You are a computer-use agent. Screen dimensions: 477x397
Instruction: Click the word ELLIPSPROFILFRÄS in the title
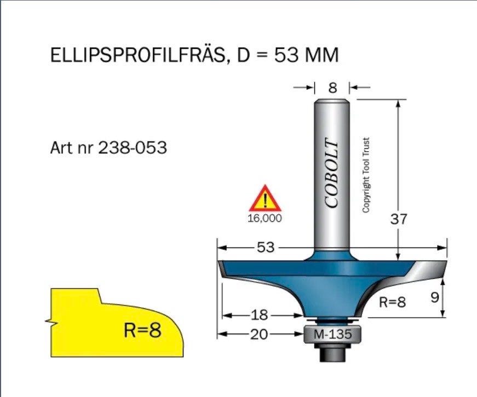click(137, 55)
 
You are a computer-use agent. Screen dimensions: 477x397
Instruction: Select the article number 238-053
click(133, 148)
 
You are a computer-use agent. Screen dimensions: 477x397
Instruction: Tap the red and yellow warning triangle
click(265, 198)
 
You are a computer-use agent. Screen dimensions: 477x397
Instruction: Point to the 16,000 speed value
click(265, 218)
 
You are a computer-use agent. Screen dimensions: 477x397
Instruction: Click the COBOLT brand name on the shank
click(331, 173)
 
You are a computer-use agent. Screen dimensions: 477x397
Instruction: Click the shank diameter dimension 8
click(333, 88)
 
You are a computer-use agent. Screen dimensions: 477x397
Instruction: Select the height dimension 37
click(399, 218)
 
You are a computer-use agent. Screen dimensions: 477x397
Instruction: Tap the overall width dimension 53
click(266, 248)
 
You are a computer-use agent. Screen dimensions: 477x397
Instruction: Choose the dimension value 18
click(259, 315)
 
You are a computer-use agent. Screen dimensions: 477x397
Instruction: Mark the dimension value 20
click(259, 335)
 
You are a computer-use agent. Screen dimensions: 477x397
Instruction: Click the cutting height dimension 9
click(435, 297)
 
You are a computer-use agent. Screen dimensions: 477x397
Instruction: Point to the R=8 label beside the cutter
click(393, 302)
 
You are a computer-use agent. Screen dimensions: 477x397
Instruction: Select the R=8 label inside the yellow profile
click(142, 330)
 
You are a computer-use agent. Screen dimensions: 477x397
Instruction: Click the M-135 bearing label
click(332, 335)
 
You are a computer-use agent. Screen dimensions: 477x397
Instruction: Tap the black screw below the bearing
click(332, 353)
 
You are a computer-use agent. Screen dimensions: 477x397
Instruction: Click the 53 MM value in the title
click(306, 55)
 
